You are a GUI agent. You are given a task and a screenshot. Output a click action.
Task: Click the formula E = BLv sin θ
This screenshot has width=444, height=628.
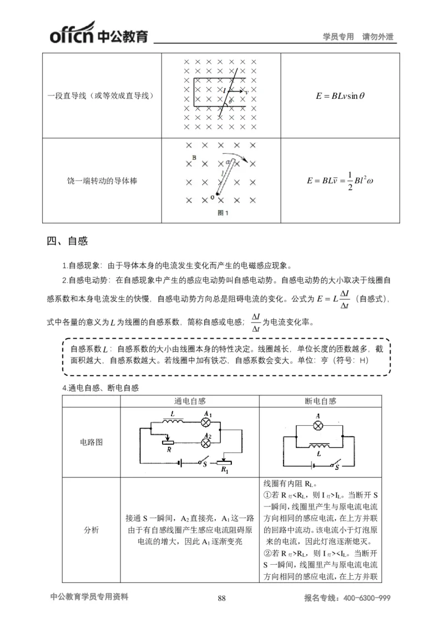pos(340,96)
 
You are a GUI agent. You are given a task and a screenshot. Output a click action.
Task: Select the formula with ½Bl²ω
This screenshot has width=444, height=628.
pos(340,181)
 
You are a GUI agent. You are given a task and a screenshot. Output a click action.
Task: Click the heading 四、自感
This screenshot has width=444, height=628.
pos(68,242)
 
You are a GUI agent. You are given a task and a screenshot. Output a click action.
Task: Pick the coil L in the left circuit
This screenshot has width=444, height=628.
pos(172,420)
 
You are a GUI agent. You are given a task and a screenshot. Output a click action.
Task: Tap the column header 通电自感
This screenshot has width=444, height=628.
pos(190,401)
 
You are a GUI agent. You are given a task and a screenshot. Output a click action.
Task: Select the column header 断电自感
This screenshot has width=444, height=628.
pos(321,401)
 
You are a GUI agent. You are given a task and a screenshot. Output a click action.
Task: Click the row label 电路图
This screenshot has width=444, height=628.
pos(91,443)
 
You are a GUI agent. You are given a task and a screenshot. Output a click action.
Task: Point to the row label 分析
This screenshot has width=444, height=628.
pos(91,530)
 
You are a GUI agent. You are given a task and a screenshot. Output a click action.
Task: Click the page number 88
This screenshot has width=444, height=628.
pos(222,598)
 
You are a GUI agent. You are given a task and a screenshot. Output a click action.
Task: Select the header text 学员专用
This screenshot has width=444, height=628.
pos(338,37)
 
